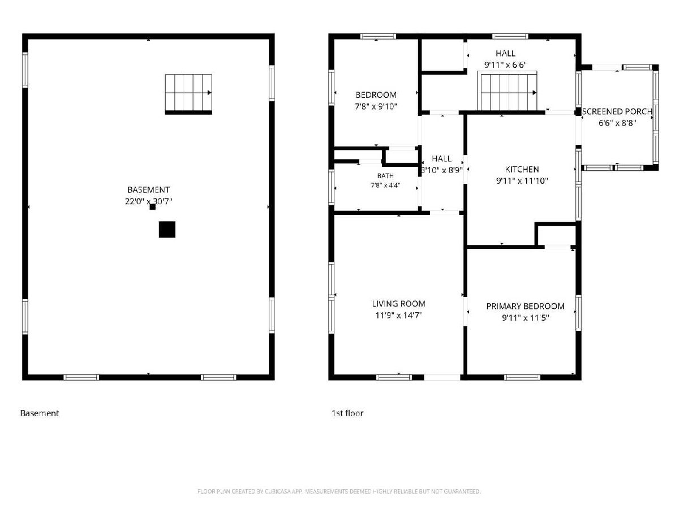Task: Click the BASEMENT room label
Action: click(x=148, y=189)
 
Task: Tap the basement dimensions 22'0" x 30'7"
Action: click(x=148, y=201)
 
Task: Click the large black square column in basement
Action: click(x=167, y=229)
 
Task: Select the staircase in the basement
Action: click(x=188, y=94)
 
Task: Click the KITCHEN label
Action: click(x=522, y=169)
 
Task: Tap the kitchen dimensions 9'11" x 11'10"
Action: click(x=522, y=181)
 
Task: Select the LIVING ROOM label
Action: click(x=398, y=304)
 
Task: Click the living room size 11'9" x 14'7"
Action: click(x=398, y=315)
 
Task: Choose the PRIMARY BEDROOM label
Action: click(x=525, y=307)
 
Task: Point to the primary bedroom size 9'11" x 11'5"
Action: click(x=525, y=318)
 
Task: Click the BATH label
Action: click(x=385, y=176)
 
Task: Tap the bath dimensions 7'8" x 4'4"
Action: click(x=385, y=186)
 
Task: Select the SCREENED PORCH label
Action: click(x=617, y=111)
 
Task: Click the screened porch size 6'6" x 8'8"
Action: click(x=617, y=123)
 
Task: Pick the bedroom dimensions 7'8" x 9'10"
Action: click(x=376, y=106)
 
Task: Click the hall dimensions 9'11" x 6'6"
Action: click(x=505, y=65)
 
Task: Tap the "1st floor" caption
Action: click(x=347, y=413)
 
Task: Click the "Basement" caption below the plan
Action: click(x=39, y=413)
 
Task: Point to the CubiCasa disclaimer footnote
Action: click(x=339, y=491)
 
